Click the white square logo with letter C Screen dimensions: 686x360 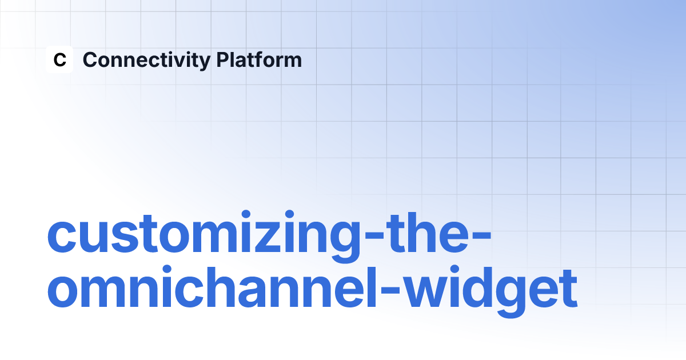(59, 59)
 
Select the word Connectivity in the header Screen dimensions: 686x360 (147, 61)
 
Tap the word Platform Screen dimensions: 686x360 (259, 59)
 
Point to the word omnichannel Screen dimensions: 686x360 (212, 286)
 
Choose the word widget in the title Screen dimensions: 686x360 (491, 291)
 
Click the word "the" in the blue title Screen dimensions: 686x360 (427, 233)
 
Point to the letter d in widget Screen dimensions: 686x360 (477, 287)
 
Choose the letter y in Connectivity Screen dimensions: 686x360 (204, 63)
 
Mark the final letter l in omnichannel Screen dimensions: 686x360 (372, 286)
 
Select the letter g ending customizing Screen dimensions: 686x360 (346, 243)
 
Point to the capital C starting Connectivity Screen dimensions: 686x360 (90, 59)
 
